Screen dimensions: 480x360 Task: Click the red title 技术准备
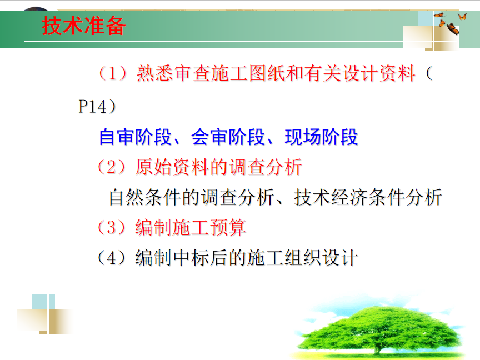point(83,26)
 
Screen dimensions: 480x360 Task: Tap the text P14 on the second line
point(92,107)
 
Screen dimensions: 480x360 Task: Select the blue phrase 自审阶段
point(135,137)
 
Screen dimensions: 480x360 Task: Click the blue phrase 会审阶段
point(228,137)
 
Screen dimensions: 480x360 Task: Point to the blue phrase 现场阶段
point(322,137)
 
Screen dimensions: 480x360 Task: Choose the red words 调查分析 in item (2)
point(266,167)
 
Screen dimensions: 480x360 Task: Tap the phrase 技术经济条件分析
point(368,197)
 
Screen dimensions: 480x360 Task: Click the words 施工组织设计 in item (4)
point(302,258)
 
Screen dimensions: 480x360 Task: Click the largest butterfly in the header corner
point(453,29)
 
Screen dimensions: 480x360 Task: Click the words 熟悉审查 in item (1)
point(173,73)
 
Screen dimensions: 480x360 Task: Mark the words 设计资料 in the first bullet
point(379,73)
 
